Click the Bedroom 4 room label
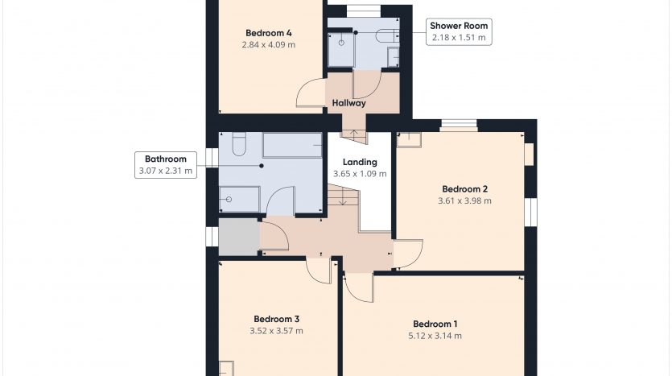coord(269,33)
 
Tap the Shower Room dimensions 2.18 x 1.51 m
coord(459,37)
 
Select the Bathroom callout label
coord(166,164)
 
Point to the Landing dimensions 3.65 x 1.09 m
coord(360,174)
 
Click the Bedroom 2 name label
coord(464,189)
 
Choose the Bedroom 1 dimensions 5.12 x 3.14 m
coord(435,336)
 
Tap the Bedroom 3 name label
coord(276,319)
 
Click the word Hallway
coord(348,103)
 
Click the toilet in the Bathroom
coord(239,144)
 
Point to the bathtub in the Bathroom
coord(292,146)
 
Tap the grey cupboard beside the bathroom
coord(239,237)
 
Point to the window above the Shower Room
coord(364,11)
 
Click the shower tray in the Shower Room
coord(341,49)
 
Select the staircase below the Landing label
coord(344,198)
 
